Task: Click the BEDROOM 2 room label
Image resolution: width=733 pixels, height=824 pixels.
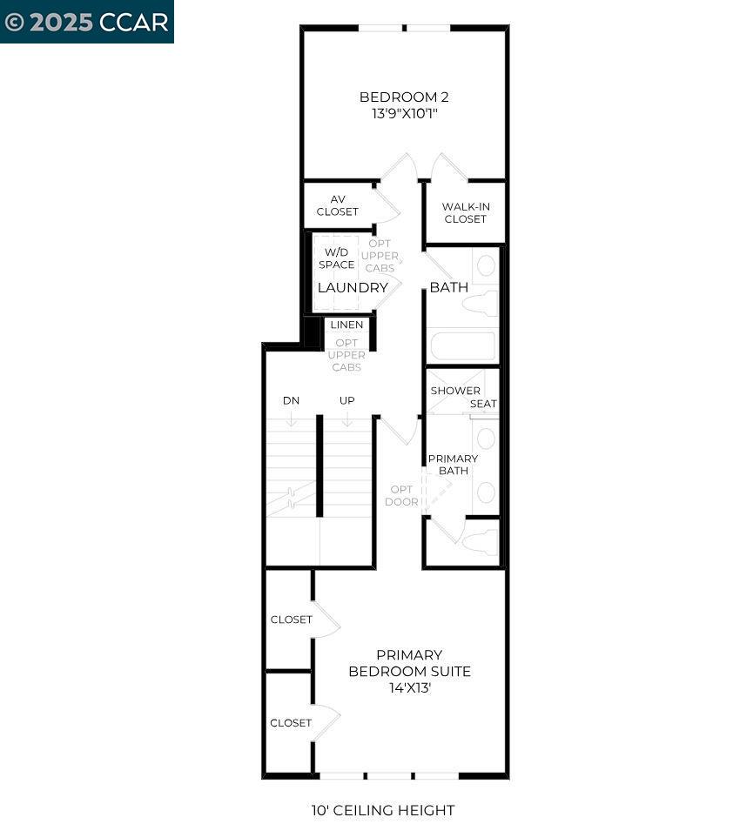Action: pyautogui.click(x=404, y=97)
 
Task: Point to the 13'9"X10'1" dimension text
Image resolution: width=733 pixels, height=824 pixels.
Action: pyautogui.click(x=404, y=113)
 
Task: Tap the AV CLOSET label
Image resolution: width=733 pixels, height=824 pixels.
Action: pyautogui.click(x=337, y=205)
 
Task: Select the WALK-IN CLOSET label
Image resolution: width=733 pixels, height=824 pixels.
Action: pyautogui.click(x=465, y=212)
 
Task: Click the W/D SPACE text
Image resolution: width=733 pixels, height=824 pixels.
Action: pyautogui.click(x=336, y=258)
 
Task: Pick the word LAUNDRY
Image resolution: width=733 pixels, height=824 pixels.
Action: pyautogui.click(x=353, y=287)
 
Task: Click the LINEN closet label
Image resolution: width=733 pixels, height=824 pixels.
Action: pyautogui.click(x=346, y=325)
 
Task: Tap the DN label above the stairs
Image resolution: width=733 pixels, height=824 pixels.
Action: pyautogui.click(x=292, y=400)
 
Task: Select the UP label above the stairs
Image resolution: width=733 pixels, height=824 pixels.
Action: pyautogui.click(x=346, y=400)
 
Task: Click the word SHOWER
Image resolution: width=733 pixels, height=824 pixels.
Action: pyautogui.click(x=455, y=391)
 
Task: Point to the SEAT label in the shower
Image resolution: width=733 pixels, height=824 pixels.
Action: pyautogui.click(x=483, y=404)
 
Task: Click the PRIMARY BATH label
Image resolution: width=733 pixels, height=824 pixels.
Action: pyautogui.click(x=453, y=465)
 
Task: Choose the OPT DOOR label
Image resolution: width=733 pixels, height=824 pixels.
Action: pyautogui.click(x=401, y=495)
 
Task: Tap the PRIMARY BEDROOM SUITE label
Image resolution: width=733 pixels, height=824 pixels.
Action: pyautogui.click(x=409, y=663)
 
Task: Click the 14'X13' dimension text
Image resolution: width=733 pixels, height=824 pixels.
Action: pyautogui.click(x=410, y=687)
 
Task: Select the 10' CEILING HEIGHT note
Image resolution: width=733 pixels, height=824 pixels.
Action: pyautogui.click(x=382, y=810)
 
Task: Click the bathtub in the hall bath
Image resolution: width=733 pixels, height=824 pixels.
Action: pyautogui.click(x=462, y=346)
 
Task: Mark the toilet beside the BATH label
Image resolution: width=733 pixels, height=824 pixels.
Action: pyautogui.click(x=481, y=304)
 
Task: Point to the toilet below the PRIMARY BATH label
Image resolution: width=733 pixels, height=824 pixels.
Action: pyautogui.click(x=481, y=542)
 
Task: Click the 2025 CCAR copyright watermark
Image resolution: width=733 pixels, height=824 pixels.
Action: pyautogui.click(x=86, y=22)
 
